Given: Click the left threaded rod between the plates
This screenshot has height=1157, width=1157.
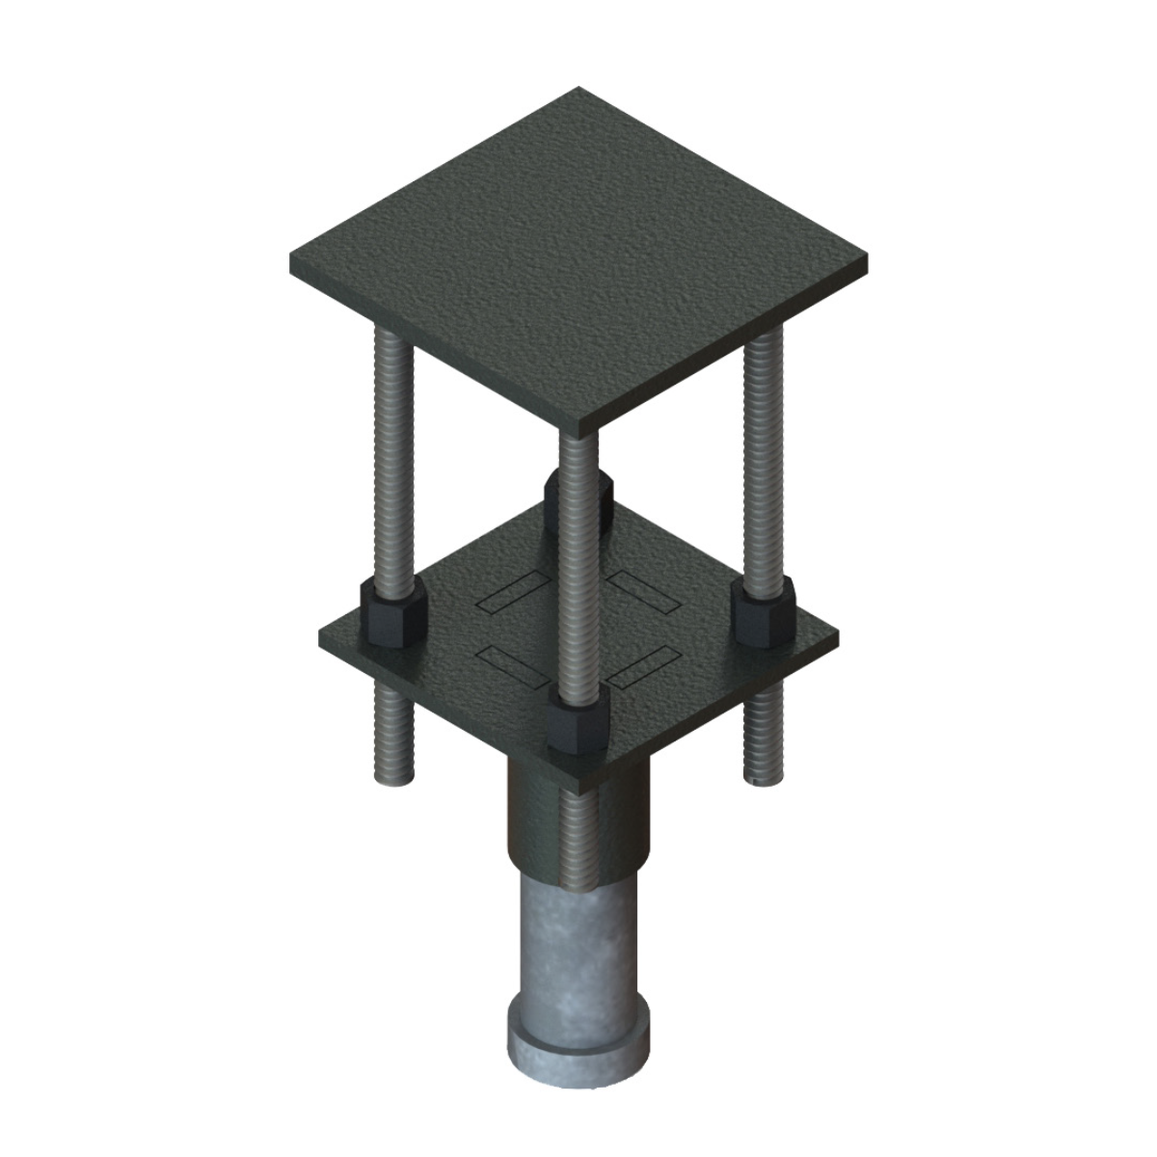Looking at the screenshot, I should click(x=390, y=453).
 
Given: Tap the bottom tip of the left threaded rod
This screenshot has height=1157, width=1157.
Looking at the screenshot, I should click(x=393, y=776).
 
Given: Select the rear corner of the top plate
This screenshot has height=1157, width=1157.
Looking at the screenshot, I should click(x=579, y=90).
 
